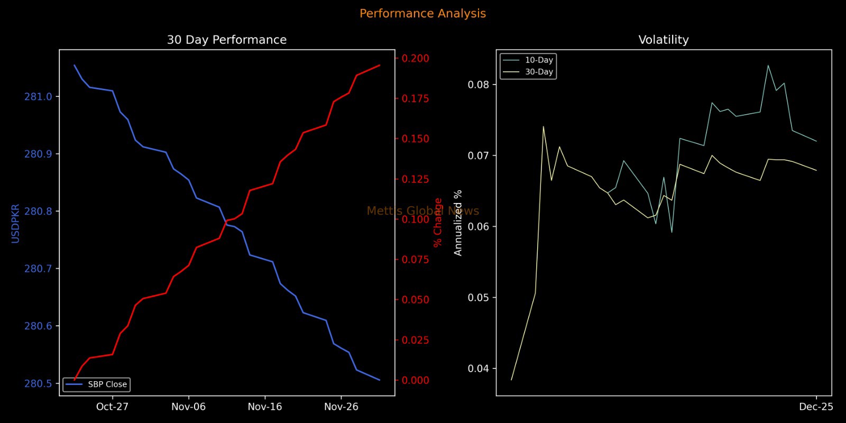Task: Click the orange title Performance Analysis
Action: [422, 14]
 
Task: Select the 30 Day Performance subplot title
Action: [227, 40]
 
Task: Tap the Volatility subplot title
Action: [664, 40]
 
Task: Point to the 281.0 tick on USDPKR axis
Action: [38, 97]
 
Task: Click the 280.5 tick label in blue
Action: [38, 383]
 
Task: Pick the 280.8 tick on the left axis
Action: [38, 212]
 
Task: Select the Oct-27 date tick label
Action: [112, 407]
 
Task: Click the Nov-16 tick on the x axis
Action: [265, 407]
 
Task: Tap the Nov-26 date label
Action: [341, 407]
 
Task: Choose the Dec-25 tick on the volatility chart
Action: [816, 407]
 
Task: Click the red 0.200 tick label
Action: [415, 58]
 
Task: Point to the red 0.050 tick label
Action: [415, 300]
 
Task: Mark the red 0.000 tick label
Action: [415, 380]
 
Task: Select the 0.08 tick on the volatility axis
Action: [479, 85]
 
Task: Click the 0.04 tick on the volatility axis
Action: [479, 369]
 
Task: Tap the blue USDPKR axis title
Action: [15, 223]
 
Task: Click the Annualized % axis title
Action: [458, 223]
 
